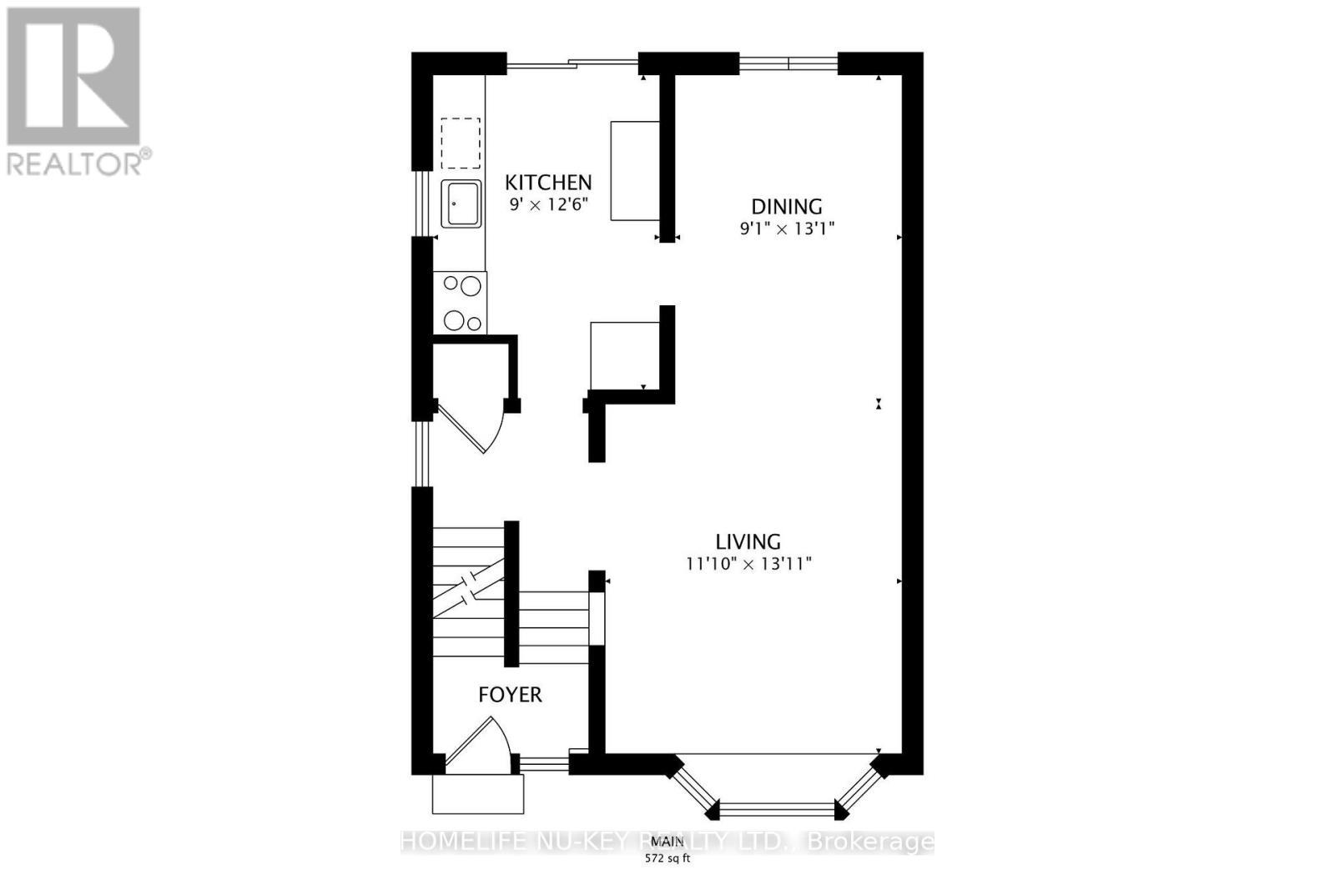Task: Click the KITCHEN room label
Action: pyautogui.click(x=548, y=182)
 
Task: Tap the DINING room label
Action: pyautogui.click(x=787, y=206)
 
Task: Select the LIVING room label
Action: pyautogui.click(x=748, y=541)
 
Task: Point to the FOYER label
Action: pyautogui.click(x=510, y=694)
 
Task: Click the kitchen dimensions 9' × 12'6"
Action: pyautogui.click(x=550, y=204)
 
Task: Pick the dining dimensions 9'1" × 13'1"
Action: pyautogui.click(x=787, y=228)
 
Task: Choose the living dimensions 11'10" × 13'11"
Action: pyautogui.click(x=748, y=564)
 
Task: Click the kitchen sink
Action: pyautogui.click(x=461, y=204)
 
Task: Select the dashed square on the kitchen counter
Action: pyautogui.click(x=461, y=143)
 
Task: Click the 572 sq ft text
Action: pyautogui.click(x=667, y=858)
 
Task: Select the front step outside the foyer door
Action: pyautogui.click(x=477, y=794)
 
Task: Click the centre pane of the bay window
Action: pyautogui.click(x=776, y=807)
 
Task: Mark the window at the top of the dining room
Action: pyautogui.click(x=788, y=61)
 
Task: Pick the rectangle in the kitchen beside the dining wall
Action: pyautogui.click(x=635, y=171)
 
